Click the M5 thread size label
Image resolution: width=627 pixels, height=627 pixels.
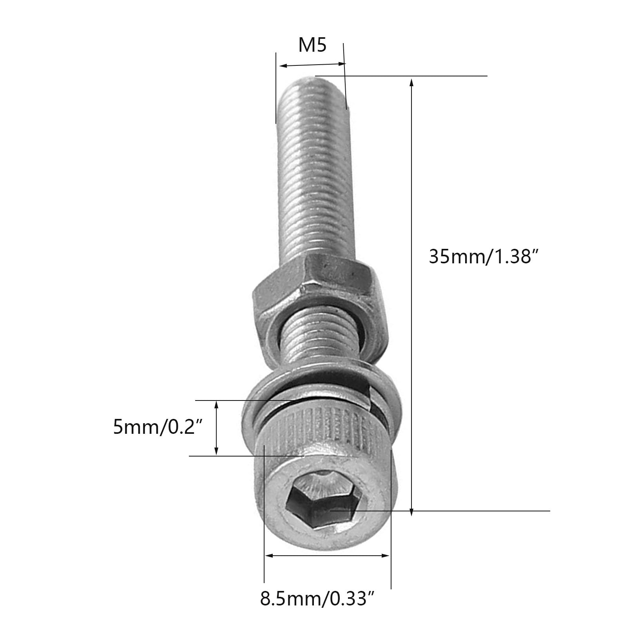tap(312, 45)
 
